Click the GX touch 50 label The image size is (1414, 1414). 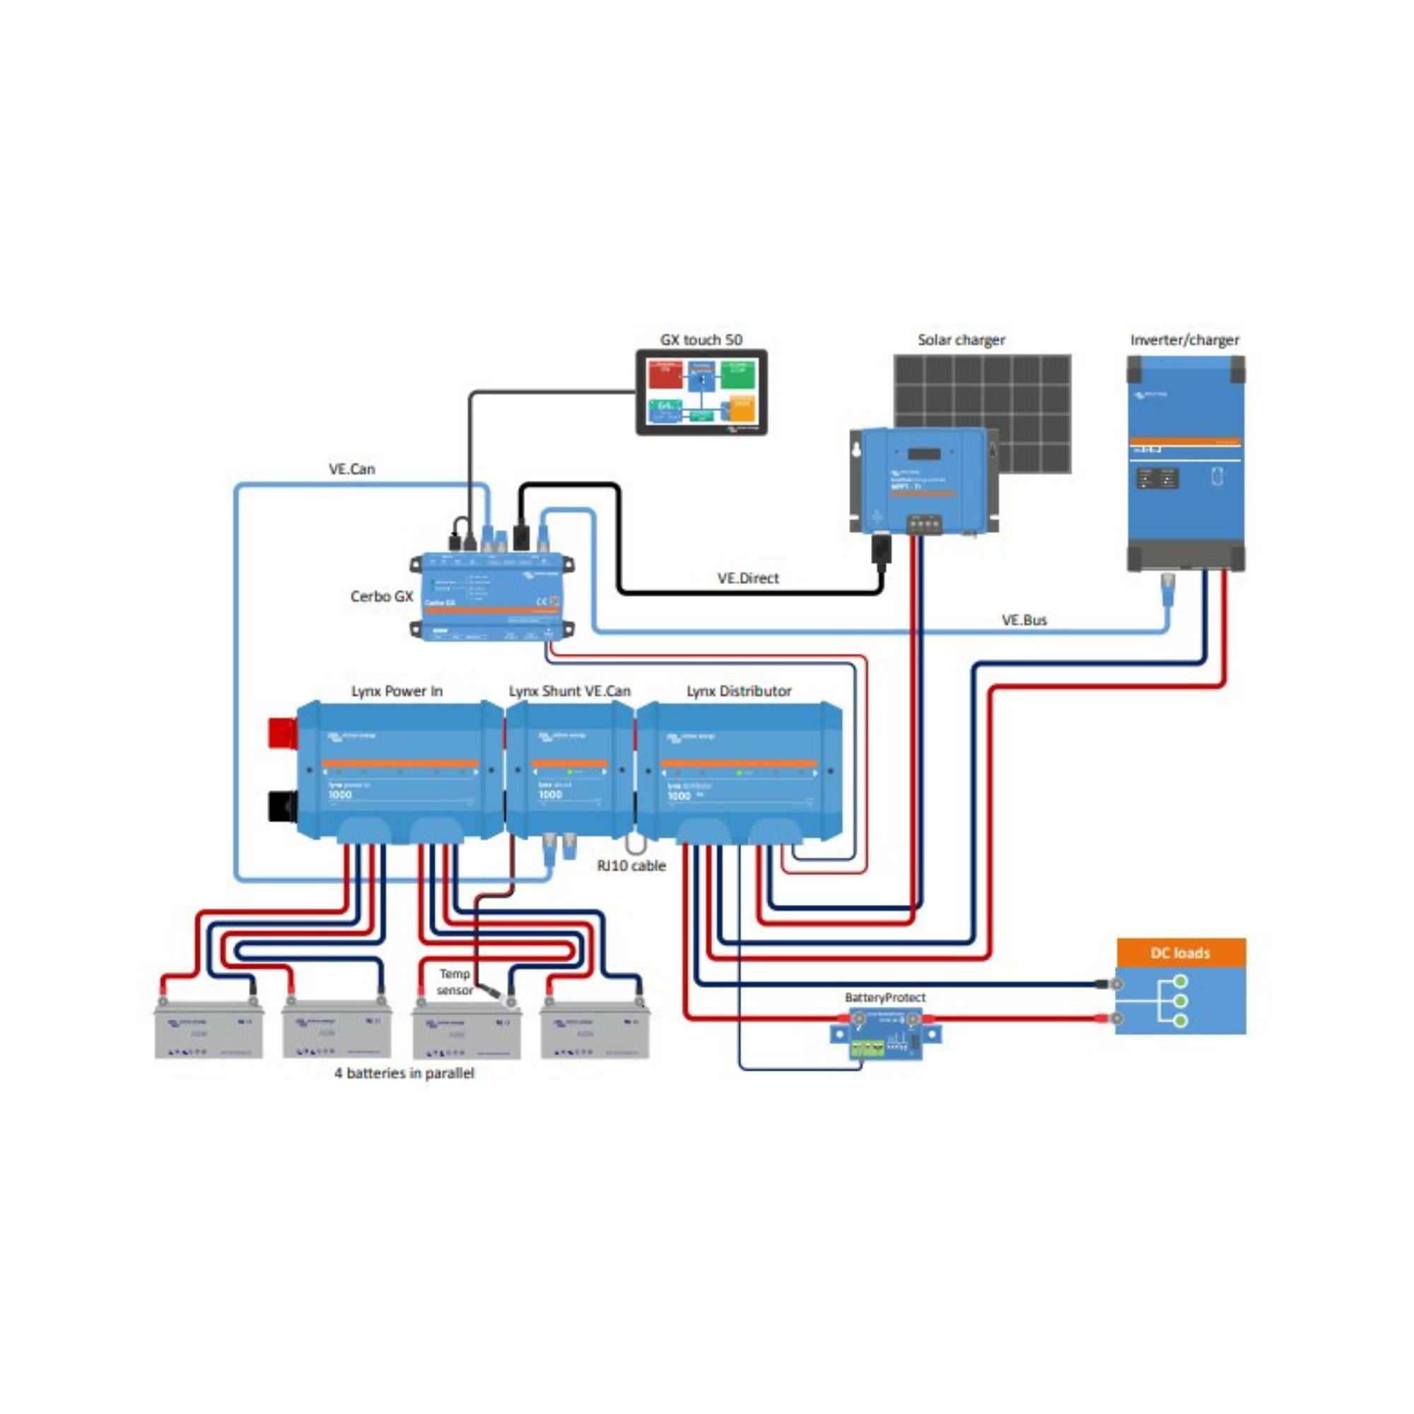701,339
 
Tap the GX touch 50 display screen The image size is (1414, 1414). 701,392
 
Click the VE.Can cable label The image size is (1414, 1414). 351,469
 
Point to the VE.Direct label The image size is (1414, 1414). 748,578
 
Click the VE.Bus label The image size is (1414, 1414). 1024,620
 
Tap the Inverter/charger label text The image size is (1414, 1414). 1184,339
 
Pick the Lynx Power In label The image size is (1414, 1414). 397,691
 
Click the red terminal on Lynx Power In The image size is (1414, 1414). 283,732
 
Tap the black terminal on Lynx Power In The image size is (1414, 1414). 283,805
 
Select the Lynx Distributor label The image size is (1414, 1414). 739,691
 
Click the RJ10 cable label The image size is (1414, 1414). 631,865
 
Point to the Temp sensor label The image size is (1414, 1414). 455,981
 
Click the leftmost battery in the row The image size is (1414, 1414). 209,1031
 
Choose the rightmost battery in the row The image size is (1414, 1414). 595,1031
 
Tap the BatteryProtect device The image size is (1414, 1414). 886,1033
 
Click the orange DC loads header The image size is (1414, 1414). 1181,952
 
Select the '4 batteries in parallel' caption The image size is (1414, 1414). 404,1073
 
